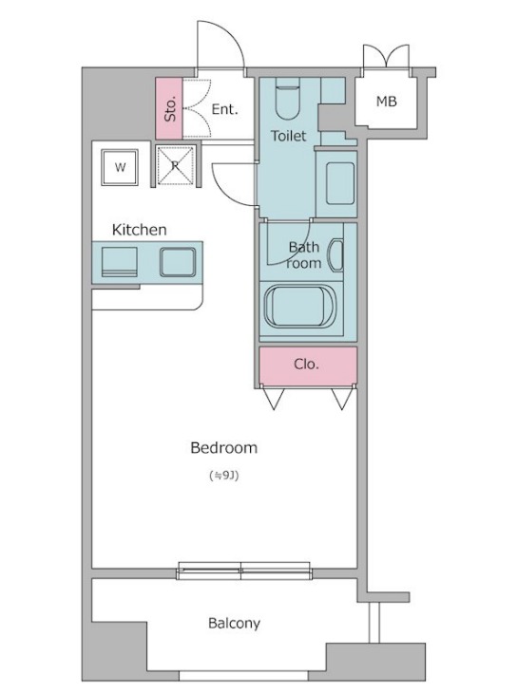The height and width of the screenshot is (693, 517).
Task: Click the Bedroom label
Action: click(x=223, y=448)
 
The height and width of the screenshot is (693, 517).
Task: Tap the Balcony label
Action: click(x=234, y=623)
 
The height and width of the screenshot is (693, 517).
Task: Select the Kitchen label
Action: click(x=140, y=230)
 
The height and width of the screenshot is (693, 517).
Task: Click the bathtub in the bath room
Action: click(x=300, y=306)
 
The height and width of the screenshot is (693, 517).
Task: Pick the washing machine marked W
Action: click(x=120, y=167)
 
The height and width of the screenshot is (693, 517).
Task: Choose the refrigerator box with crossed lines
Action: click(x=176, y=165)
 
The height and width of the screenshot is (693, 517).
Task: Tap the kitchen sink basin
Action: click(x=178, y=262)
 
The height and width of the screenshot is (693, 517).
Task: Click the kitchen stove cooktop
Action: click(x=119, y=262)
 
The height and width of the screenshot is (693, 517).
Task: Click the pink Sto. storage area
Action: click(x=169, y=109)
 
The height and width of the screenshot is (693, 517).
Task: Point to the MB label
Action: click(x=387, y=102)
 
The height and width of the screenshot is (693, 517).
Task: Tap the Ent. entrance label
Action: click(x=225, y=109)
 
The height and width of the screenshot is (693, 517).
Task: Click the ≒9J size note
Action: click(x=224, y=476)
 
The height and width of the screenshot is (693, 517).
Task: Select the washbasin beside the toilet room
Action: click(x=340, y=183)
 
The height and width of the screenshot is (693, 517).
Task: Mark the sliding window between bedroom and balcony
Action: click(x=244, y=571)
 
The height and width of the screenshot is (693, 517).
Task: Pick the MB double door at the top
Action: click(x=386, y=56)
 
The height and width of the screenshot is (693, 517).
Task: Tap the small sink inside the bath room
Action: click(x=335, y=255)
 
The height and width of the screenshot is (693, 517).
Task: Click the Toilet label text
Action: click(x=288, y=136)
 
